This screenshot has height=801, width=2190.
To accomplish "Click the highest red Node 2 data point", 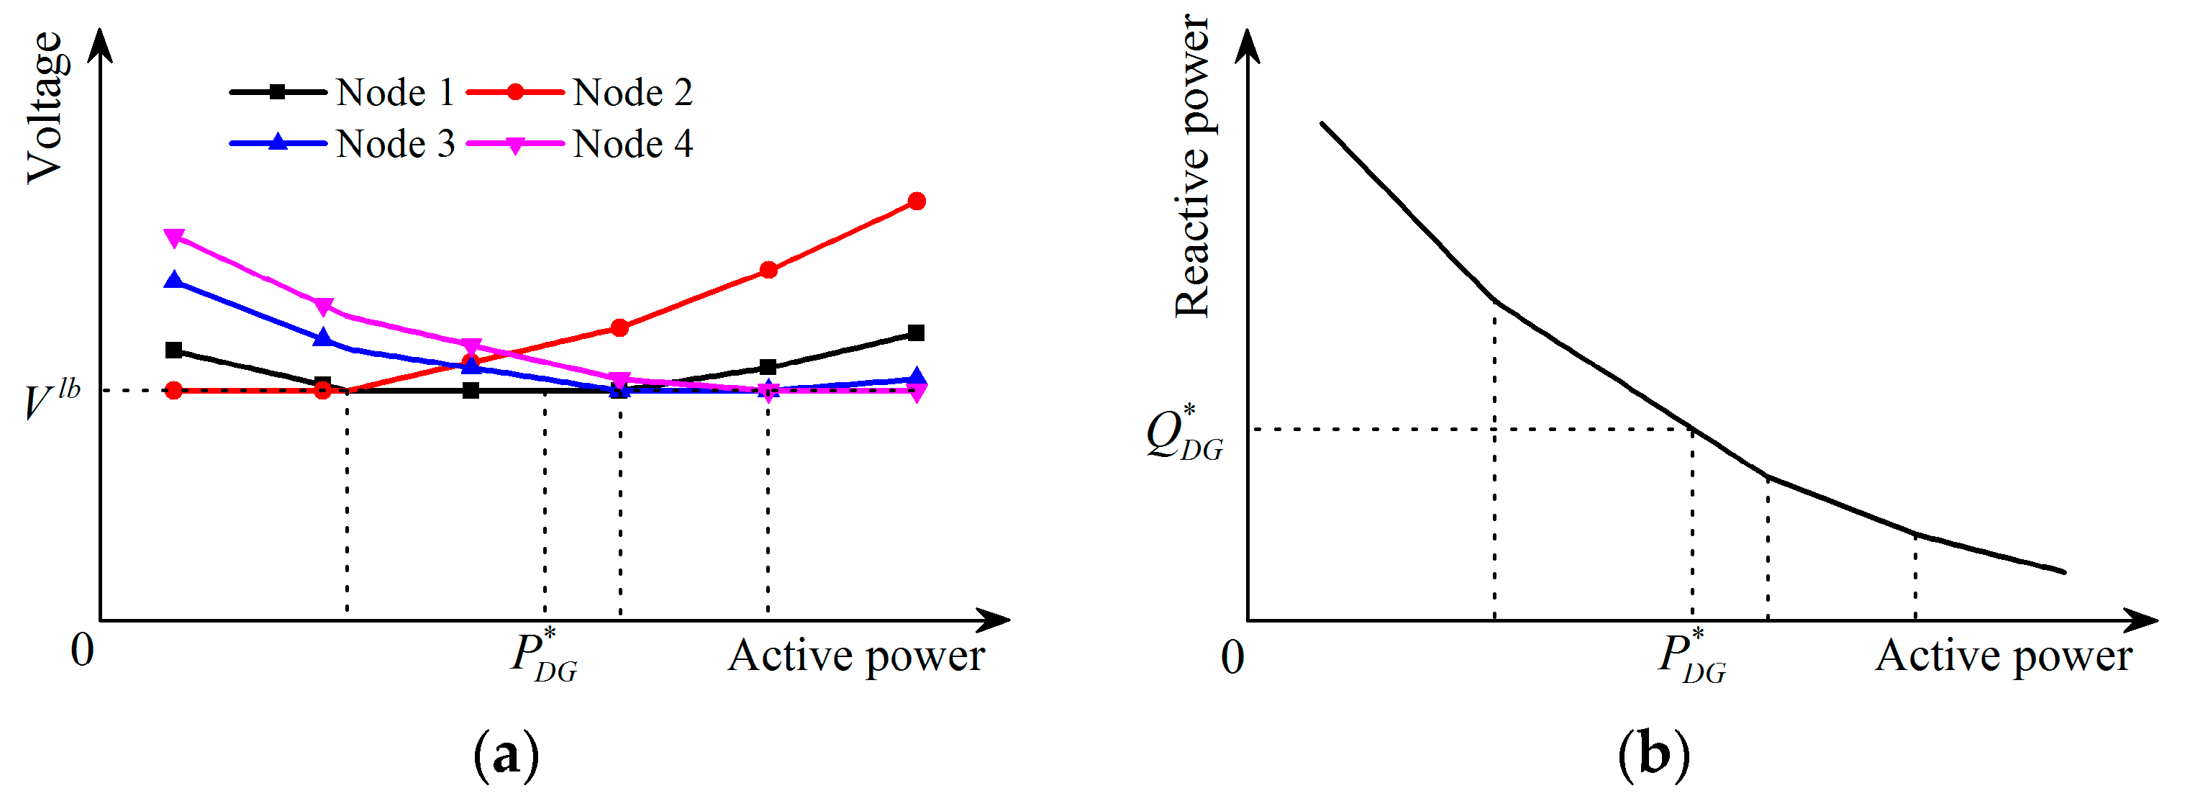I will pyautogui.click(x=917, y=202).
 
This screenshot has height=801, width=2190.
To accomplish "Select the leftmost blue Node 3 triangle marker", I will pyautogui.click(x=174, y=281).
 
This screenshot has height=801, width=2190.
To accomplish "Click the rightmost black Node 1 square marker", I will pyautogui.click(x=916, y=333).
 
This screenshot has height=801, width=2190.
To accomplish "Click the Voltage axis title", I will pyautogui.click(x=44, y=107).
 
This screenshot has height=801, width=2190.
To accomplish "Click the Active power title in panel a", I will pyautogui.click(x=855, y=656).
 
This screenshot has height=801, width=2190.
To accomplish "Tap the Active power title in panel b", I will pyautogui.click(x=2003, y=656).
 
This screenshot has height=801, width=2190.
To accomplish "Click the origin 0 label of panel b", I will pyautogui.click(x=1232, y=656).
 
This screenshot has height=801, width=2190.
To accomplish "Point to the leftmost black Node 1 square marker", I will pyautogui.click(x=174, y=350).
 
